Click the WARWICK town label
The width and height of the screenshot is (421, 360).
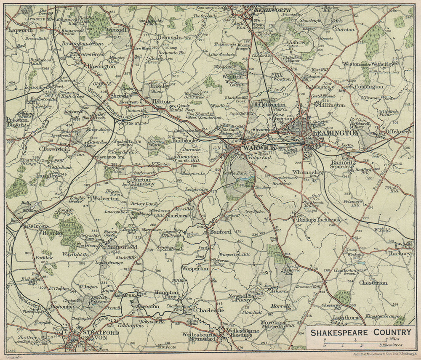[258, 148]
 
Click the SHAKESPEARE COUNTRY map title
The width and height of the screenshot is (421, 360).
[360, 333]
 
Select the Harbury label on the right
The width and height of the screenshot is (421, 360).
[400, 254]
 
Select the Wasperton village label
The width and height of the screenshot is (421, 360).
[195, 268]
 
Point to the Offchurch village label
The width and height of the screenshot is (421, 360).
[399, 132]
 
